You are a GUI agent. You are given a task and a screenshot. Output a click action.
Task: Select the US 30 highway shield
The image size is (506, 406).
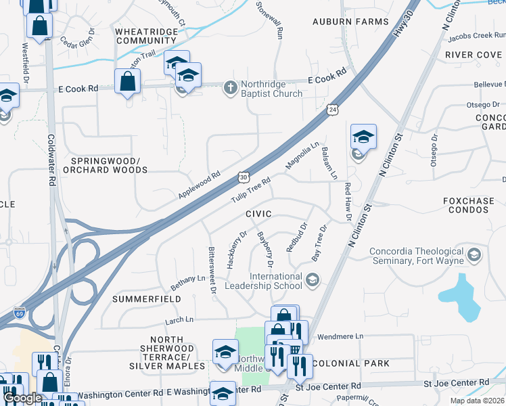tap(243, 177)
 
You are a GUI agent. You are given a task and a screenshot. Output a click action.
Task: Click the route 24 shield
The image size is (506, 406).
tap(331, 110)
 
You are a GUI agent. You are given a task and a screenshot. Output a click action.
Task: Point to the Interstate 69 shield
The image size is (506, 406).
tap(20, 313)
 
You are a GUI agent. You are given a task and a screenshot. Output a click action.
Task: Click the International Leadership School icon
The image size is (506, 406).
tap(312, 279)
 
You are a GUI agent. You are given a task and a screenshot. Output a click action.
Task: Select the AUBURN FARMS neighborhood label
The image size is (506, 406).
tap(350, 22)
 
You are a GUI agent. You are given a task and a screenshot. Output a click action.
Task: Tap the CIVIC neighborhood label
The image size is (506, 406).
tap(258, 214)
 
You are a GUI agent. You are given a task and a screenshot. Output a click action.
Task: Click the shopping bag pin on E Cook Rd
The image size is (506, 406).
tap(127, 82)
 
